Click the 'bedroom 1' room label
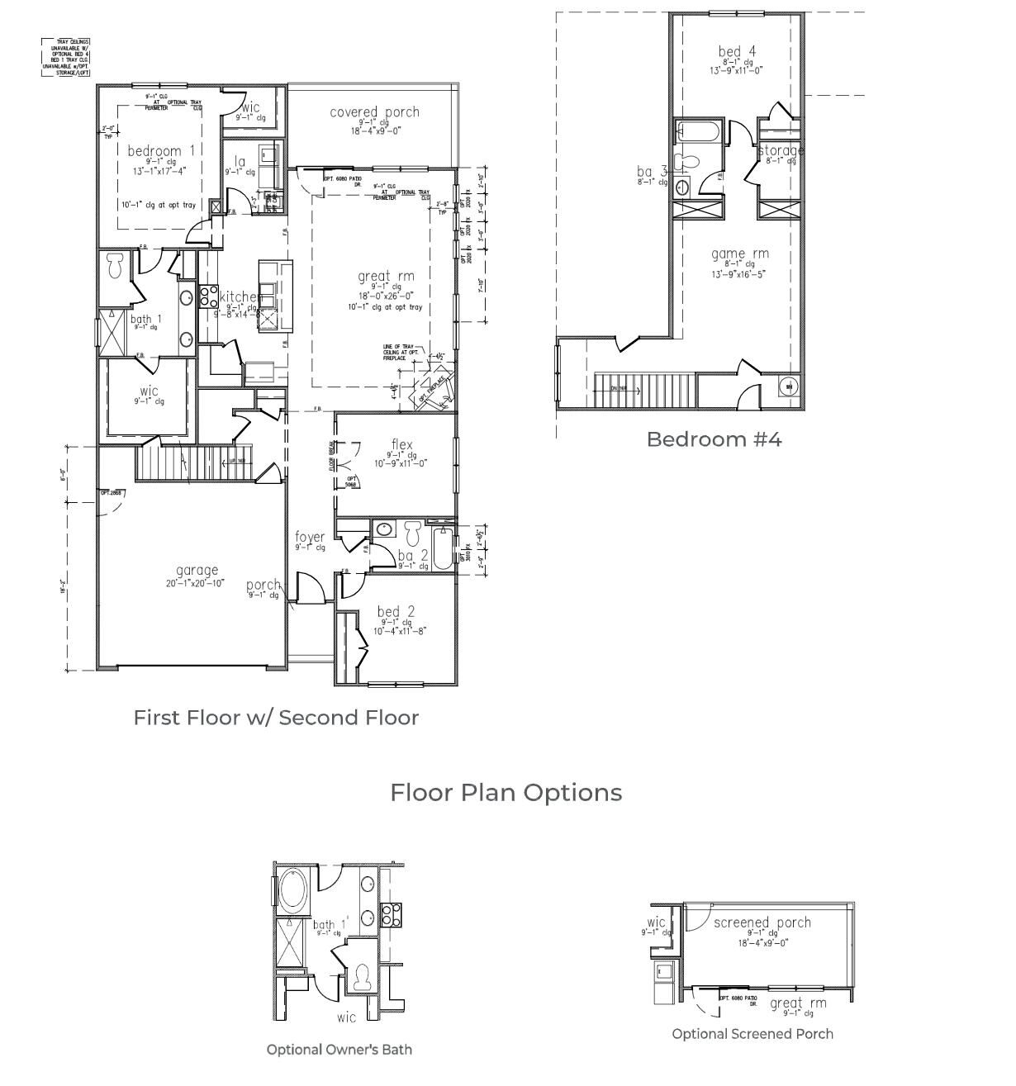point(162,151)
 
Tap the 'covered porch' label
point(374,112)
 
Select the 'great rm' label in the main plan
point(386,277)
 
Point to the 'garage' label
point(197,570)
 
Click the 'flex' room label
point(401,445)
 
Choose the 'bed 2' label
point(396,612)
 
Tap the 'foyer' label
point(310,537)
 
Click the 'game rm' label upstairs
point(739,254)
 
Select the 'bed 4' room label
point(737,52)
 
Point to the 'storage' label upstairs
point(781,150)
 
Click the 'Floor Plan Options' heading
point(506,792)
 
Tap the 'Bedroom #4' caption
point(714,439)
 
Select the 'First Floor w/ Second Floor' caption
point(276,717)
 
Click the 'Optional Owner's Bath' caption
point(339,1049)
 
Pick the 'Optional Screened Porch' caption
point(752,1033)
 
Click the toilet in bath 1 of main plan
point(115,266)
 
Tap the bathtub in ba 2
point(443,547)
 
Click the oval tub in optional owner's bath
point(292,889)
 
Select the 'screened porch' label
point(762,922)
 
